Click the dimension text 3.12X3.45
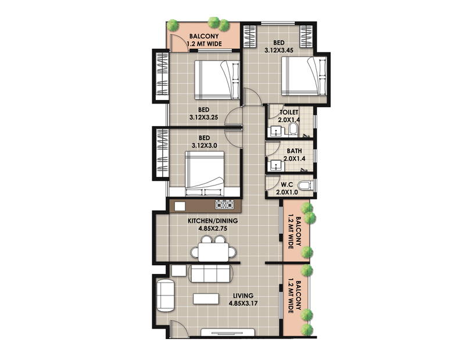tap(279, 51)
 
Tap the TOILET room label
tap(289, 112)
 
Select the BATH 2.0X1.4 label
tap(294, 155)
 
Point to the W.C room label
tap(287, 184)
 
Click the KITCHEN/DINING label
tap(213, 221)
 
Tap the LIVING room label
tap(243, 295)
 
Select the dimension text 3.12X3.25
tap(204, 117)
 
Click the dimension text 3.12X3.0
tap(205, 146)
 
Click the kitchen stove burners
tap(224, 205)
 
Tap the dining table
tap(213, 252)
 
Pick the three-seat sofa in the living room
tap(210, 273)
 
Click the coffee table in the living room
tap(206, 298)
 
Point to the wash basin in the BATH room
tap(276, 166)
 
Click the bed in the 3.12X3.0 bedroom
tap(205, 174)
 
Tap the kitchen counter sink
tap(180, 206)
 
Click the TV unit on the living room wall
tap(228, 332)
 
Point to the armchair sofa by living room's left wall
tap(166, 295)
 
